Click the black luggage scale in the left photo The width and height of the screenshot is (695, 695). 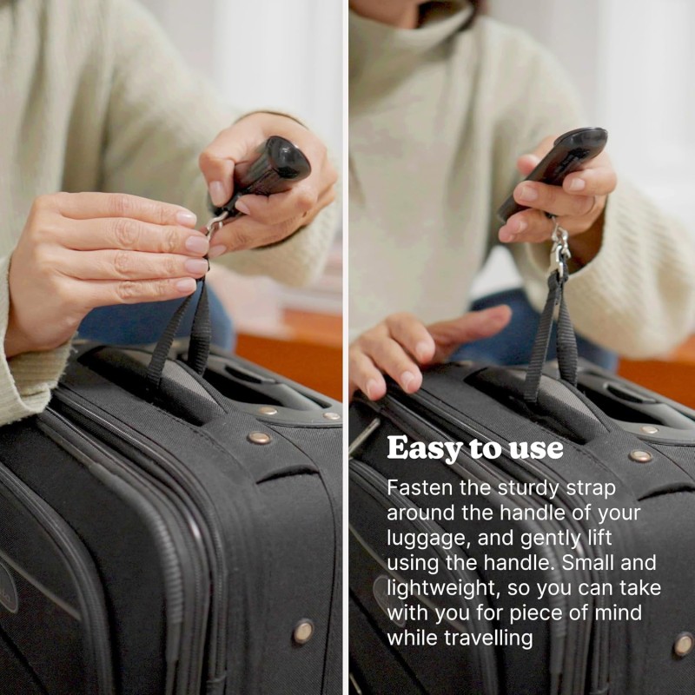271,168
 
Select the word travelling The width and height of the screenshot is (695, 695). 491,638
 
